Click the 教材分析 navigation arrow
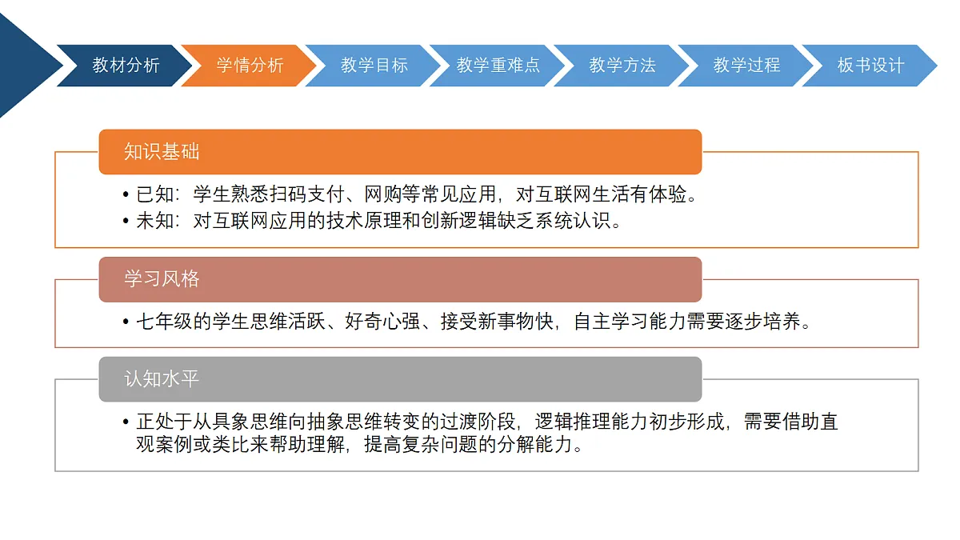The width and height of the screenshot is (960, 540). (125, 66)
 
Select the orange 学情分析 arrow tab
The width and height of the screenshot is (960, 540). (250, 66)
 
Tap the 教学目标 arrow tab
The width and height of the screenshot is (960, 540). (374, 66)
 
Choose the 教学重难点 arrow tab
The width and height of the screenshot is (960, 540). (498, 66)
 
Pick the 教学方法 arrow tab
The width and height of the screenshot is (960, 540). (622, 66)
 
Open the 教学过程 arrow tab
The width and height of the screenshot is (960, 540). (746, 66)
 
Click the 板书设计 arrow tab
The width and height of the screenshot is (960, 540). (871, 66)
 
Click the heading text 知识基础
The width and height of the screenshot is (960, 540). (162, 151)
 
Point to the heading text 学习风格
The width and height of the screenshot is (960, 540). (162, 279)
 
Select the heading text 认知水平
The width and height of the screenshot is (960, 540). (162, 379)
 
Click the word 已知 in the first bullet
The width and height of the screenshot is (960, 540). (155, 194)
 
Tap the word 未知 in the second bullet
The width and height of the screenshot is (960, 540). (155, 221)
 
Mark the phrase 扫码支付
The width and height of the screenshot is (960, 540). (307, 194)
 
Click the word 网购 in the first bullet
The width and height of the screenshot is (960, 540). (382, 194)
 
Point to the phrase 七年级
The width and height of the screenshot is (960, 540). (165, 322)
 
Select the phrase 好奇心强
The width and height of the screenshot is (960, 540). (382, 322)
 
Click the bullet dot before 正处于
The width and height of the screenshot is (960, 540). (126, 422)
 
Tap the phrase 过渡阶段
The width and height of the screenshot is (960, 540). (478, 422)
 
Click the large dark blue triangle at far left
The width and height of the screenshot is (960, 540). (23, 65)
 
